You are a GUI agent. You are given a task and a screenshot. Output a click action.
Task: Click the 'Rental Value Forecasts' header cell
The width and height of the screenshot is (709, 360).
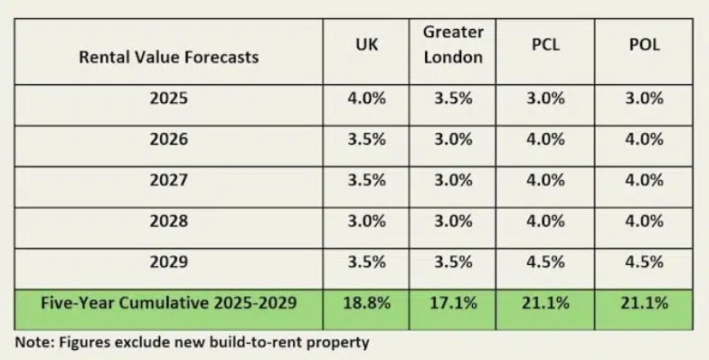[169, 56]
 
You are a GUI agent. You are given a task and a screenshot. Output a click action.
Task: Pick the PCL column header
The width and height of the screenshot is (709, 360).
[546, 44]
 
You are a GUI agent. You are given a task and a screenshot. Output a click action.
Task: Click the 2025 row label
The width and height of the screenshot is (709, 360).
[169, 98]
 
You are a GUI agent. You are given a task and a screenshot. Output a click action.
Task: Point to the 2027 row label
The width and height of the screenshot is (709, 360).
[169, 180]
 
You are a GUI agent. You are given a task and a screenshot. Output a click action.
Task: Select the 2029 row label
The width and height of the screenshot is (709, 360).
[169, 262]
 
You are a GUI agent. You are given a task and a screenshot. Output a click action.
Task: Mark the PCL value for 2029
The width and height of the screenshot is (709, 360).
[546, 262]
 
